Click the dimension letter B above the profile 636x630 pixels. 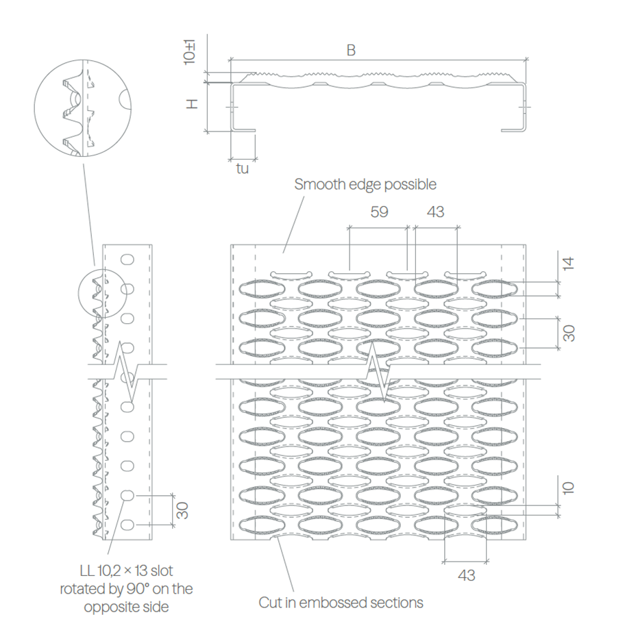click(x=352, y=50)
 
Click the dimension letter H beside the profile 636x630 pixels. click(x=192, y=104)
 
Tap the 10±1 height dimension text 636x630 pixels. click(x=189, y=52)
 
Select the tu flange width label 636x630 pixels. click(x=242, y=168)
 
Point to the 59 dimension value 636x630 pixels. click(x=379, y=212)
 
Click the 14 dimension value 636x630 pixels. click(x=569, y=264)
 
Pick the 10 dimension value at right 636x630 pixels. click(x=569, y=488)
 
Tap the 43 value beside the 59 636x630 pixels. click(x=436, y=212)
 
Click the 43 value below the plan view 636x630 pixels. click(x=467, y=575)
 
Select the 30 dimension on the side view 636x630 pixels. click(x=183, y=510)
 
